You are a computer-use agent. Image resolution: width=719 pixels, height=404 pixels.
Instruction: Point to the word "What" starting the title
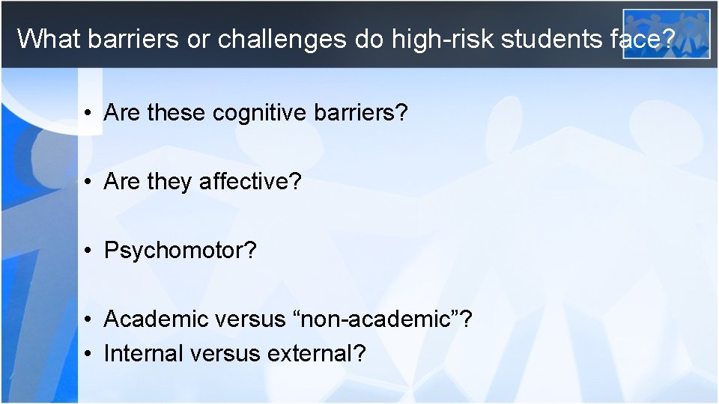[49, 38]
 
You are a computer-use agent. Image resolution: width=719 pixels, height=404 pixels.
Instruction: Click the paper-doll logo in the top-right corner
[667, 33]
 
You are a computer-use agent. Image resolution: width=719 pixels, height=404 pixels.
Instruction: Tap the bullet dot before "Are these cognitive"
[88, 114]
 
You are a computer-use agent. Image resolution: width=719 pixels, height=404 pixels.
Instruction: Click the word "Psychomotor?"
[180, 251]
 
